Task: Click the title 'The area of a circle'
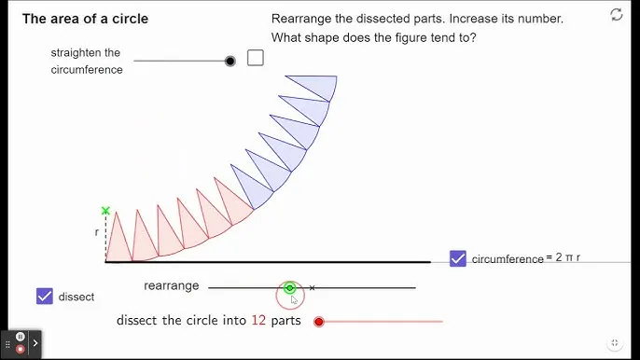[85, 19]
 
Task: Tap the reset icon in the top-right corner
[617, 14]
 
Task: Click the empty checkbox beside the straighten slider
[256, 58]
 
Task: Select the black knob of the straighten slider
[230, 61]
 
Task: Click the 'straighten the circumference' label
[87, 61]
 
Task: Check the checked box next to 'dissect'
[45, 297]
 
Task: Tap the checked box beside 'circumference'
[458, 258]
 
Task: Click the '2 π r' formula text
[567, 257]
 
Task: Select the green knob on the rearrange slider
[290, 288]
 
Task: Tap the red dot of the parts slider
[319, 322]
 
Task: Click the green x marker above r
[105, 211]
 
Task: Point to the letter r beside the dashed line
[97, 231]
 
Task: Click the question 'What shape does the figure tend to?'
[373, 37]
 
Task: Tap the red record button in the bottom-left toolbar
[21, 349]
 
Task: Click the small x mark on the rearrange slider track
[312, 288]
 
